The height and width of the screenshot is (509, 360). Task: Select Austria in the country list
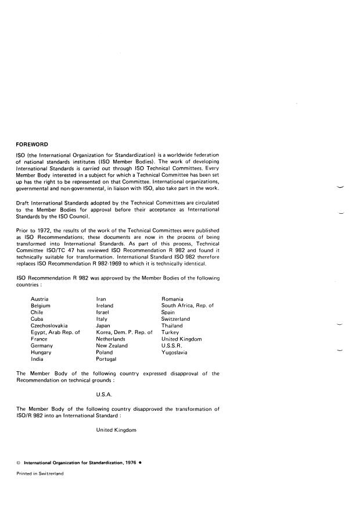point(39,298)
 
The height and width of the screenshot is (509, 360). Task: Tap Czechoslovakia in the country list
point(49,325)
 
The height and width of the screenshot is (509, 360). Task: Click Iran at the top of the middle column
point(102,298)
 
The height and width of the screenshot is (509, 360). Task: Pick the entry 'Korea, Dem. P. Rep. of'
point(124,332)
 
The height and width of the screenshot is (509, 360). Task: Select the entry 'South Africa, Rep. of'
point(188,305)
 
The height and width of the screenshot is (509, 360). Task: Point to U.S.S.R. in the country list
point(172,346)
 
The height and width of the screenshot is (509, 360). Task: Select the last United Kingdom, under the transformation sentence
point(116,430)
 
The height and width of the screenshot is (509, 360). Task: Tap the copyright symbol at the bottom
point(19,464)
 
